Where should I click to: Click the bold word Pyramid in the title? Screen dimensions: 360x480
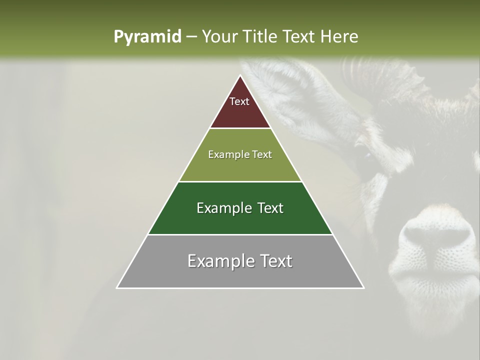pos(147,36)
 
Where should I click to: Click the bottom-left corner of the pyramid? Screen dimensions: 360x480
pos(117,287)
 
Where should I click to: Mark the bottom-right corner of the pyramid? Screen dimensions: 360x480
pos(363,287)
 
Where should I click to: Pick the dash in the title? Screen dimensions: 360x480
pos(191,36)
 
